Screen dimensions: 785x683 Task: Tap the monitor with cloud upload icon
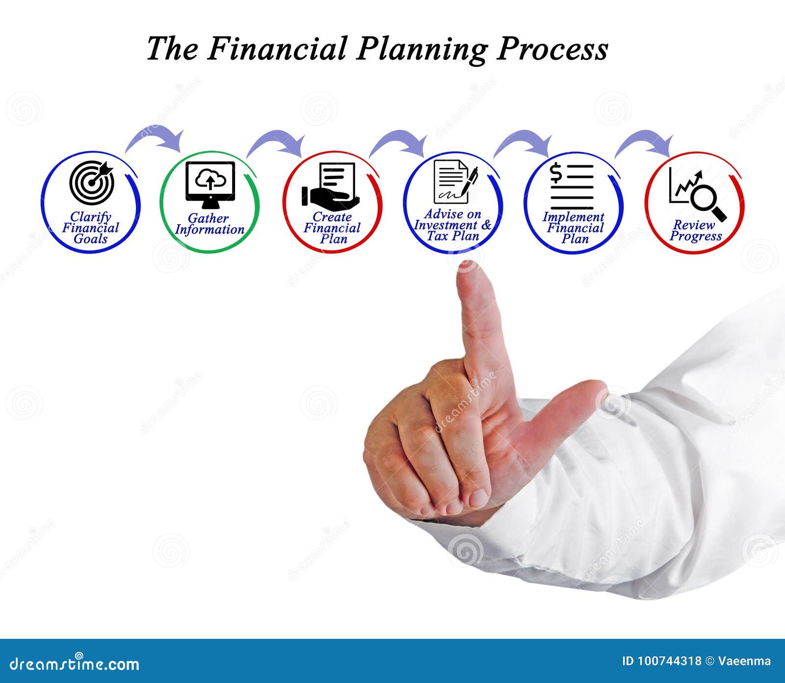click(210, 182)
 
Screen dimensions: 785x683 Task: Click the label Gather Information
click(209, 224)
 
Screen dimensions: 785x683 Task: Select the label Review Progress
click(696, 231)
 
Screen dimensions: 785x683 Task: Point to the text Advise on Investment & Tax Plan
click(452, 225)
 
